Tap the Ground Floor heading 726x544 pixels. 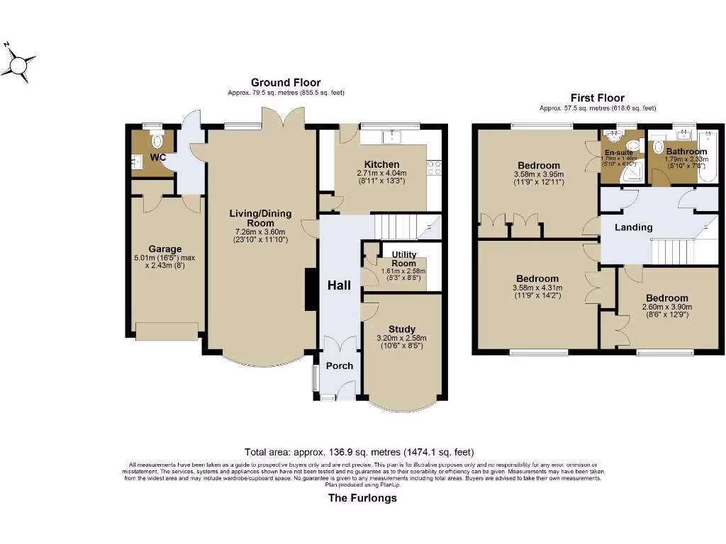pyautogui.click(x=286, y=83)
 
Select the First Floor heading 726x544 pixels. pyautogui.click(x=598, y=98)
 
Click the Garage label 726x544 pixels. pyautogui.click(x=164, y=249)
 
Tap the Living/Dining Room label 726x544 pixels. pyautogui.click(x=261, y=217)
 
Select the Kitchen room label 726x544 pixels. pyautogui.click(x=381, y=164)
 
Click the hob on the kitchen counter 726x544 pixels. pyautogui.click(x=435, y=168)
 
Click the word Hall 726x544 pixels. pyautogui.click(x=339, y=285)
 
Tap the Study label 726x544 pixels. pyautogui.click(x=401, y=329)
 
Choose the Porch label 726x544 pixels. pyautogui.click(x=339, y=365)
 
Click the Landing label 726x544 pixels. pyautogui.click(x=633, y=227)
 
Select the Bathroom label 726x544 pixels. pyautogui.click(x=686, y=152)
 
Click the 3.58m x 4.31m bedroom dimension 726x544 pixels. pyautogui.click(x=537, y=288)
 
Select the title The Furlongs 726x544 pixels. pyautogui.click(x=362, y=498)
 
